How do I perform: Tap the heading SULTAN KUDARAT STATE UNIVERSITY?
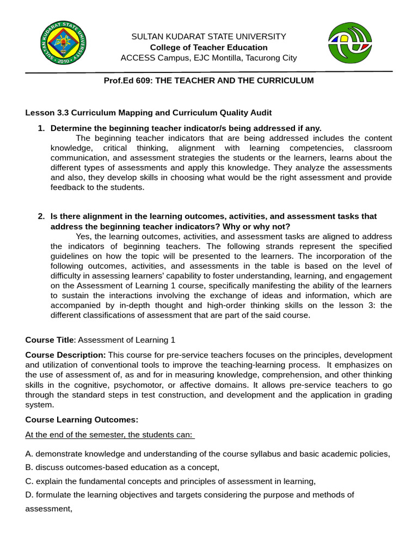pos(208,36)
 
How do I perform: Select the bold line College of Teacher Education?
pos(208,47)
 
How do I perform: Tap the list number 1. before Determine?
pos(41,128)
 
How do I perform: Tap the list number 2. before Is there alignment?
pos(41,216)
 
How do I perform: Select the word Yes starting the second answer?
pos(83,236)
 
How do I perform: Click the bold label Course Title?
pos(49,340)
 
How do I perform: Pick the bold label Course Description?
pos(66,355)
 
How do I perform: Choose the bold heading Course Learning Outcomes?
pos(82,420)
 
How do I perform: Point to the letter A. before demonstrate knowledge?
pos(29,454)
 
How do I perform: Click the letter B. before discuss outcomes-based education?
pos(29,467)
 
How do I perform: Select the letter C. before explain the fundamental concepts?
pos(29,481)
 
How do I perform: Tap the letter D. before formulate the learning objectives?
pos(29,495)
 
